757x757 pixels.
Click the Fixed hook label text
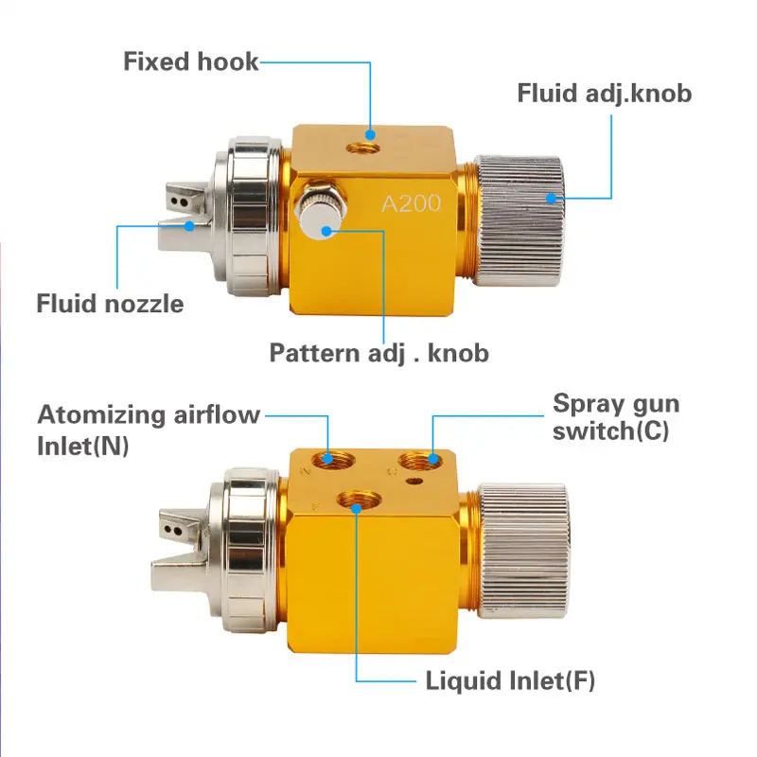point(190,62)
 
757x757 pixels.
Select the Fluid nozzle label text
point(110,304)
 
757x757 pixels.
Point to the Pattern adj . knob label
point(378,354)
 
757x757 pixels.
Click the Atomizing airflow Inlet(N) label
point(149,428)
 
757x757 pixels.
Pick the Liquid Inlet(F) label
point(509,681)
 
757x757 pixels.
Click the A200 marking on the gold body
point(411,203)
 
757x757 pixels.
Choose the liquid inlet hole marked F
point(357,502)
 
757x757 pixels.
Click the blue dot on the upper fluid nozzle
point(190,225)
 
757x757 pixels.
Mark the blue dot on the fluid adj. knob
point(552,198)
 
